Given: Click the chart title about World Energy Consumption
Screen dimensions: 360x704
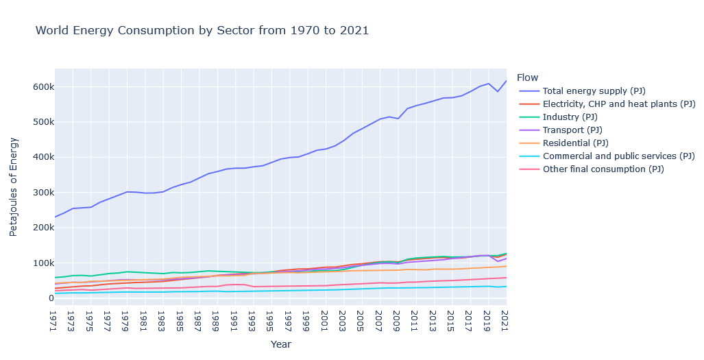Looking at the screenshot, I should pos(202,30).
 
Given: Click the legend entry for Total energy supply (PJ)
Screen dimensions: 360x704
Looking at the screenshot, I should pos(594,91).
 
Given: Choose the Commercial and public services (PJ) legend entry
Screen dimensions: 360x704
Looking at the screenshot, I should pos(618,156).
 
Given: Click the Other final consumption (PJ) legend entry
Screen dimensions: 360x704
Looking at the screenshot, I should pos(603,169).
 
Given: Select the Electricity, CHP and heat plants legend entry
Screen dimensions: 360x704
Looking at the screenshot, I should pos(618,104).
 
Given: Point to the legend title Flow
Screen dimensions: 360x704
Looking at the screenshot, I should pos(528,77).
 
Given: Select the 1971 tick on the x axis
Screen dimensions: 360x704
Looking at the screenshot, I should pos(53,320).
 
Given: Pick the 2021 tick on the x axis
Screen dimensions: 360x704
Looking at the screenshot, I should pos(505,320).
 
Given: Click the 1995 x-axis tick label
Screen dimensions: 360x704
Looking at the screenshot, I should pos(270,320).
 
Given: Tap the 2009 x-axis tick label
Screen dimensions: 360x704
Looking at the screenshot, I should pos(396,320).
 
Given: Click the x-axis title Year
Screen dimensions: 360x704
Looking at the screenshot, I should pos(281,344).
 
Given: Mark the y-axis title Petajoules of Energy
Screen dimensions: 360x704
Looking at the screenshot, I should pos(14,187).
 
